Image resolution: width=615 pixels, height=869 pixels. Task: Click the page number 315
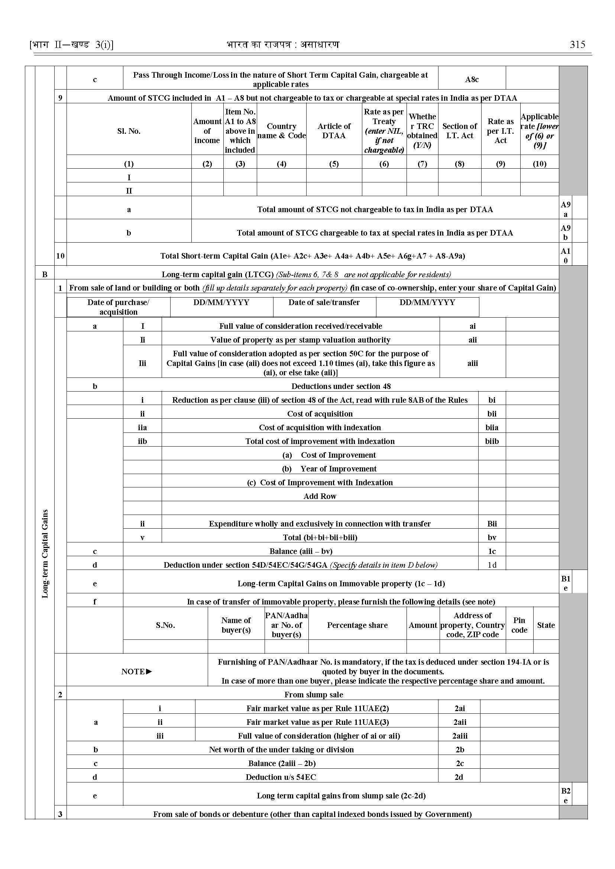coord(577,45)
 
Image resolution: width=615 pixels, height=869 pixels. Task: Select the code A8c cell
coord(472,80)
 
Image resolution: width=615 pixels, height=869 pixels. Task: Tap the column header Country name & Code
coord(281,131)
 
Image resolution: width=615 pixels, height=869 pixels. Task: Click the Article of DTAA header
coord(334,131)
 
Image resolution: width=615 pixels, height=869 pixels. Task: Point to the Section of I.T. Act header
coord(459,131)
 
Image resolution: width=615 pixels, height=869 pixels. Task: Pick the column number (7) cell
coord(422,163)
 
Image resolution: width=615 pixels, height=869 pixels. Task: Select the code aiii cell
coord(472,363)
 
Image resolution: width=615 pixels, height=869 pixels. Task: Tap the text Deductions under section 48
coord(341,386)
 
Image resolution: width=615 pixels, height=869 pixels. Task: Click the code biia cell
coord(492,428)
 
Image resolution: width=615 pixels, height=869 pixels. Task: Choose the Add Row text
coord(320,496)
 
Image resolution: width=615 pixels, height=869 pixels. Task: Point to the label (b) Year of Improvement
coord(329,469)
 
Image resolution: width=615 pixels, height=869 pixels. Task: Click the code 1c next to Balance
coord(492,551)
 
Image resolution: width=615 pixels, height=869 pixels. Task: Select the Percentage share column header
coord(357,625)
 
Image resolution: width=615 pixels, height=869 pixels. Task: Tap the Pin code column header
coord(519,625)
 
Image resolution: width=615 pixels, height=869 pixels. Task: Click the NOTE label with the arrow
coord(137,671)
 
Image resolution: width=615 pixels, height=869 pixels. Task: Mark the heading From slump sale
coord(314,694)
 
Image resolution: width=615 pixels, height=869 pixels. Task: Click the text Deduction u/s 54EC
coord(281,777)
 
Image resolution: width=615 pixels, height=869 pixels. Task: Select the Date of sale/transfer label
coord(324,302)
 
